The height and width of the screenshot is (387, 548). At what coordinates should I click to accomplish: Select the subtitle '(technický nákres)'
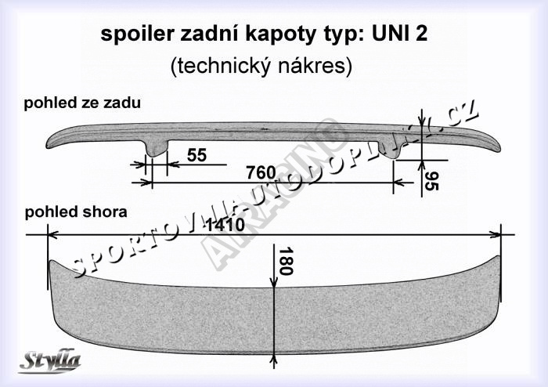coord(261,67)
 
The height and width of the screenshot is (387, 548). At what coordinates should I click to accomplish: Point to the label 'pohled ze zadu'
coord(82,103)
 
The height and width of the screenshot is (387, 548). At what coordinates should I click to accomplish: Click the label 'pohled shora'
coord(75,212)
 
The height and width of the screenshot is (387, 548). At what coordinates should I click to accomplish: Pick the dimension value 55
coord(197,155)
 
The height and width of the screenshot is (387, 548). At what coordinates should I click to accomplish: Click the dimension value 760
coord(261,172)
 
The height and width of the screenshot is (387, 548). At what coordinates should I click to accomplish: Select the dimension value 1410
coord(225,225)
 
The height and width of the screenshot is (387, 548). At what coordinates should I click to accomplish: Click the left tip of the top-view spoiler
coord(51,263)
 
